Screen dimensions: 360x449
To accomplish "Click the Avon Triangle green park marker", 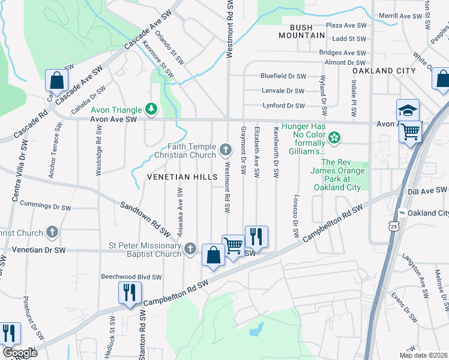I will pos(152,109).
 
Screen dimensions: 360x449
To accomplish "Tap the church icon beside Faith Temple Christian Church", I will pos(226,149).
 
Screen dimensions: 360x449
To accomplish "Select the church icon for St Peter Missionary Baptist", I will pos(190,248).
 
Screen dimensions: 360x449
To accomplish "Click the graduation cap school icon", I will pos(408,110).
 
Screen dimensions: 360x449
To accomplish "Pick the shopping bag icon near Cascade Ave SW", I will pos(56,80).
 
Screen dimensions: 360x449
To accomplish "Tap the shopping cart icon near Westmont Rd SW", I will pos(233,245).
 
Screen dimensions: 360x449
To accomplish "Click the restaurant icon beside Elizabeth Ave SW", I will pos(256,236).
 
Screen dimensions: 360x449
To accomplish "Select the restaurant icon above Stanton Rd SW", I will pos(130,293).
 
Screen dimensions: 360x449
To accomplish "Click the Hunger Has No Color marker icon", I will pos(334,139).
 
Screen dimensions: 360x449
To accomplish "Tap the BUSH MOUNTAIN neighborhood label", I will pos(301,31).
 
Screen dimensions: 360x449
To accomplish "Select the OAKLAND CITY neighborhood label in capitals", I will pos(384,71).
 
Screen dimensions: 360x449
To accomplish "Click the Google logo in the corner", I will pos(20,353).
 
